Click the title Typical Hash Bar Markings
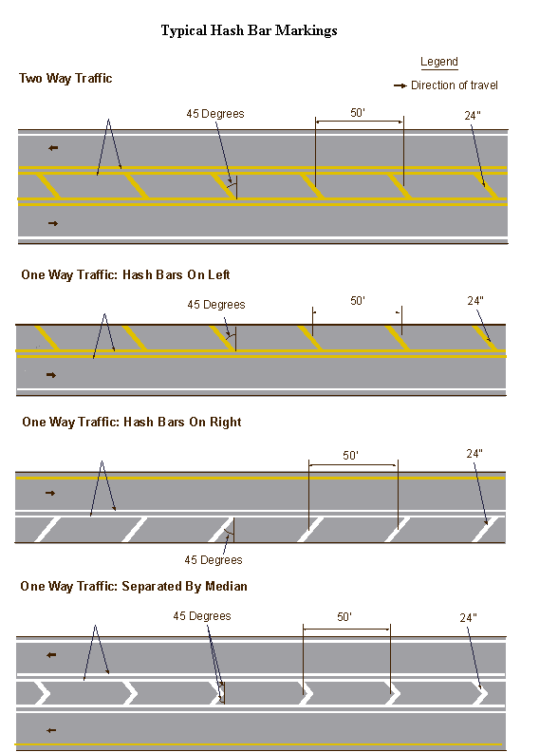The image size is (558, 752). [x=249, y=30]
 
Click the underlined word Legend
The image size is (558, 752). [x=439, y=62]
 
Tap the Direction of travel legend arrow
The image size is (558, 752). [x=400, y=85]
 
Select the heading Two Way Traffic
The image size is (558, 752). [x=65, y=78]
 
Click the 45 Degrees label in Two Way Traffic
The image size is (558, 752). [x=215, y=114]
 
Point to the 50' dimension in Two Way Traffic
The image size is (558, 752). [x=358, y=113]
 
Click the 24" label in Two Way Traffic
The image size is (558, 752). [x=473, y=116]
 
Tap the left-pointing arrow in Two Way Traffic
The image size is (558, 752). [x=53, y=148]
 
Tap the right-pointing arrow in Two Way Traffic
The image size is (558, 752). [x=53, y=223]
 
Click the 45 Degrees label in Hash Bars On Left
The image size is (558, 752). [x=216, y=305]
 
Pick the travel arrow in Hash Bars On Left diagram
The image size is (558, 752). [x=51, y=375]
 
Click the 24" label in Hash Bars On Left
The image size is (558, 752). [x=475, y=301]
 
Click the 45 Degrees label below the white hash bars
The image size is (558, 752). [x=214, y=559]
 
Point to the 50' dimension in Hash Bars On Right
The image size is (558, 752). [x=350, y=455]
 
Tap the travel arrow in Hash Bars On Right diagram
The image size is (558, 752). [x=50, y=493]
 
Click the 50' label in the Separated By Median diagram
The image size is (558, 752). [x=344, y=617]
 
